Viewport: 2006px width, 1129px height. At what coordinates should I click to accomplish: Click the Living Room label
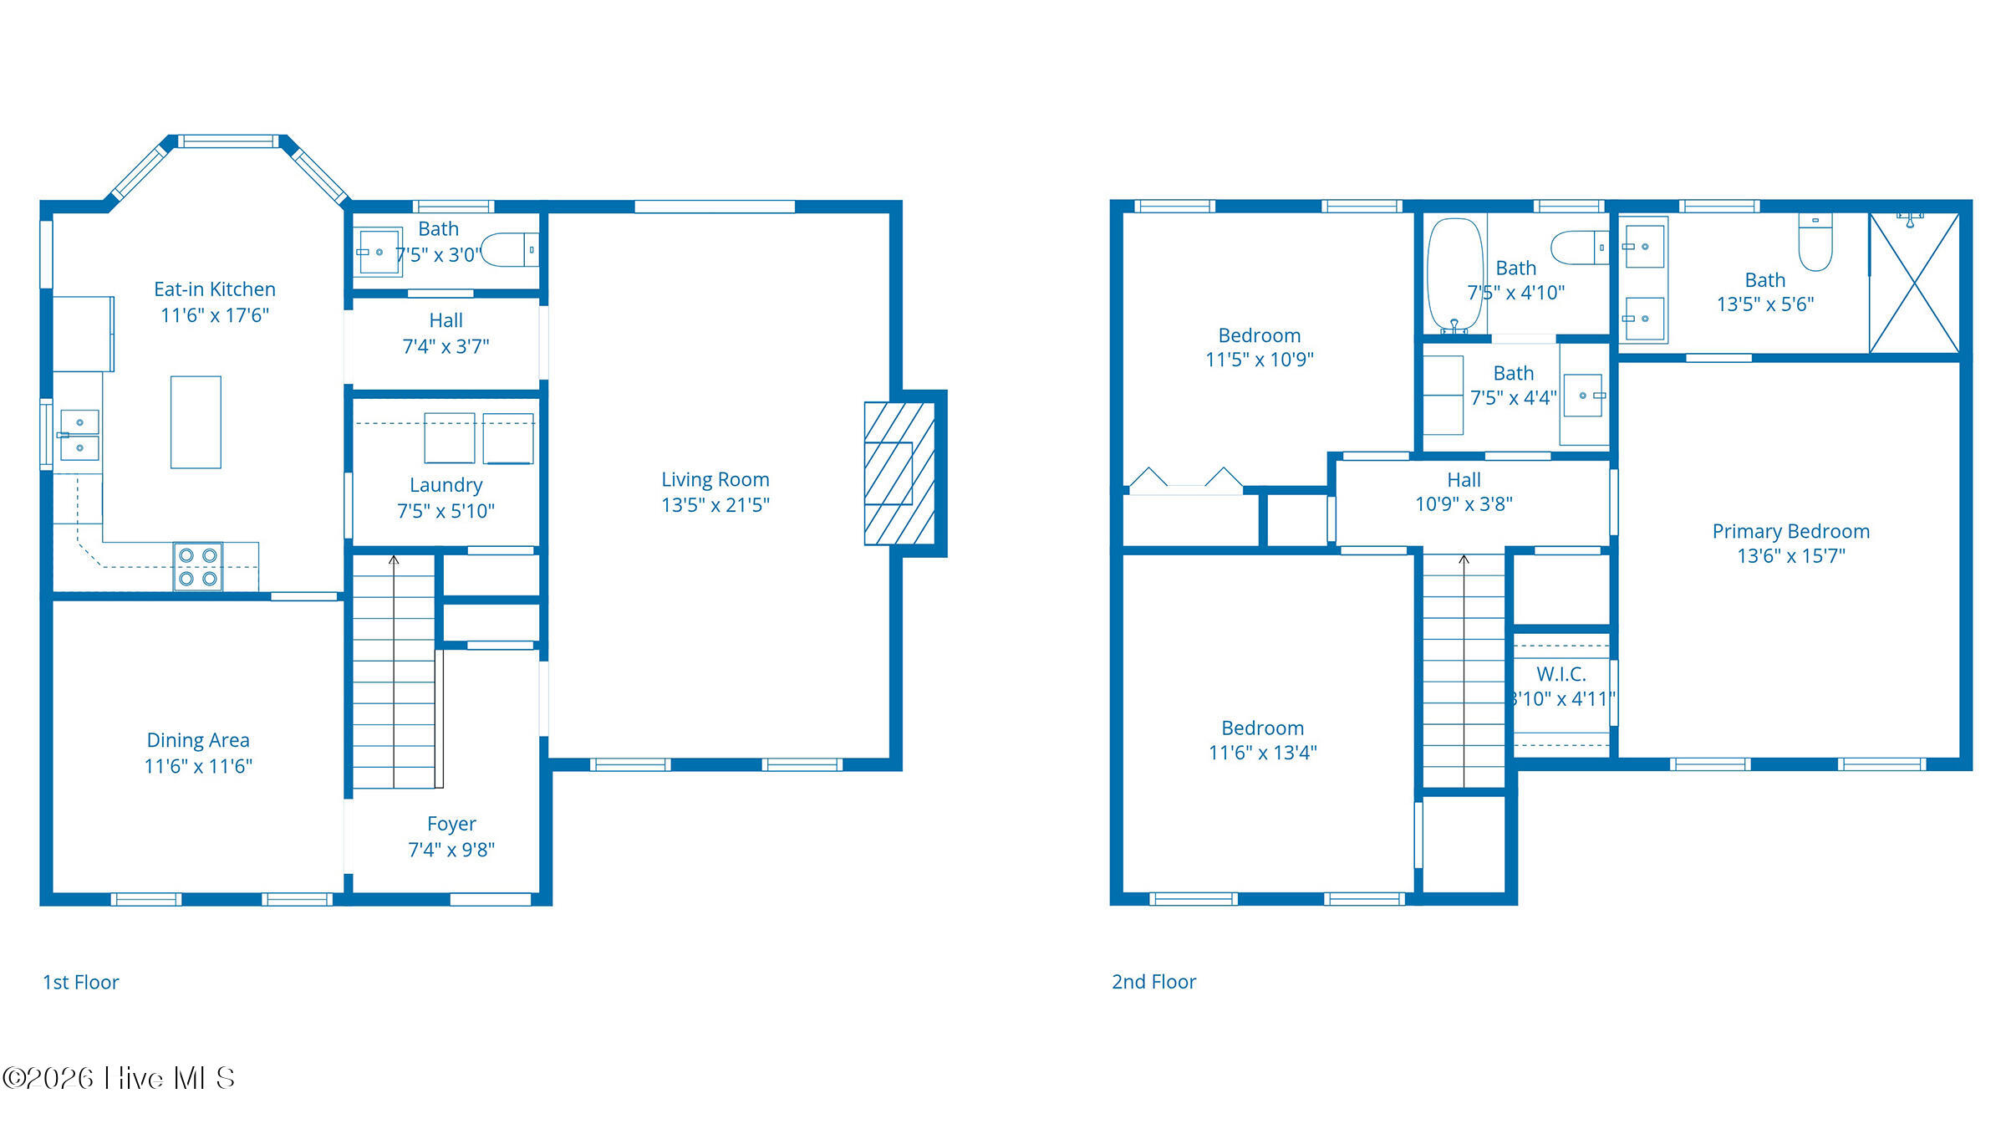click(x=715, y=480)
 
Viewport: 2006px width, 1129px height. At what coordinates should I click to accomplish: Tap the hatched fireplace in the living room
click(x=899, y=473)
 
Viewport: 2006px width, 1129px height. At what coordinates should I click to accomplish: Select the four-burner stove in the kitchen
click(x=198, y=566)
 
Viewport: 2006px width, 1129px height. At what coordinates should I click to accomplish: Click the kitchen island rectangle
click(x=196, y=421)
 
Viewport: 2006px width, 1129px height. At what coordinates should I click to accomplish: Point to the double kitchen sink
click(x=79, y=435)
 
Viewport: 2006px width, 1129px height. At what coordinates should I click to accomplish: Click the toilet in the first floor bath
click(x=510, y=249)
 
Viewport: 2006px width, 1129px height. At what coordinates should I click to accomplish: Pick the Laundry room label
click(x=446, y=485)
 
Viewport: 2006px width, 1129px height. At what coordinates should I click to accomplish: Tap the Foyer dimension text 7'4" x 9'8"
click(x=451, y=850)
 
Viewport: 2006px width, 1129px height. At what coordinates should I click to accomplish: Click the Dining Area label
click(x=198, y=740)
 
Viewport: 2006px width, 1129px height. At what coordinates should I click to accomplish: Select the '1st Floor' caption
click(x=81, y=982)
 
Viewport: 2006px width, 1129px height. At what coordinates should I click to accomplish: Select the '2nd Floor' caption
click(x=1153, y=982)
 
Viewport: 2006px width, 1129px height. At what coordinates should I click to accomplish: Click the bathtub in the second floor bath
click(x=1455, y=275)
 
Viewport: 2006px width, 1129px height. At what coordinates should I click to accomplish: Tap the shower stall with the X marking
click(x=1914, y=283)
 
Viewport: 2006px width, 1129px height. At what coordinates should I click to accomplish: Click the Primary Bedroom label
click(x=1791, y=531)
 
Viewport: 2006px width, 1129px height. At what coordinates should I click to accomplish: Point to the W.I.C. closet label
click(x=1561, y=674)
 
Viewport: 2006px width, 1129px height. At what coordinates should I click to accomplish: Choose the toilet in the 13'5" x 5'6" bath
click(x=1815, y=242)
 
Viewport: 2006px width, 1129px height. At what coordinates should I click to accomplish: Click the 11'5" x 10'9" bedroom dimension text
click(x=1260, y=360)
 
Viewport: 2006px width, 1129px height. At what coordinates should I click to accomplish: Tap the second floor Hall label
click(x=1464, y=480)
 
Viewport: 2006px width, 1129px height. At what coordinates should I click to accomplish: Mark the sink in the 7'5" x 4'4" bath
click(x=1584, y=396)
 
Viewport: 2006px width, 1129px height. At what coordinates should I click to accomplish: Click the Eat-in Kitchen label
click(x=215, y=289)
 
